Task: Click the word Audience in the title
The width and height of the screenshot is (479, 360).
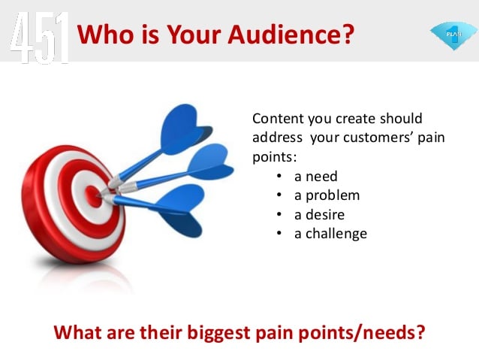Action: (291, 34)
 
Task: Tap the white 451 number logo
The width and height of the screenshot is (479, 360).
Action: (40, 38)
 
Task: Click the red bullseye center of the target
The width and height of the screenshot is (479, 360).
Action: (93, 196)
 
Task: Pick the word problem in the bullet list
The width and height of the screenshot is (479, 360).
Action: (333, 195)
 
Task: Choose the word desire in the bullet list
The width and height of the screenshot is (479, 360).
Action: (325, 215)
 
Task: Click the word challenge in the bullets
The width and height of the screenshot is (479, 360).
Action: (336, 234)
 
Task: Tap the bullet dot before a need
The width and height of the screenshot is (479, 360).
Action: (279, 177)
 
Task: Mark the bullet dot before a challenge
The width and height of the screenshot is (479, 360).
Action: (279, 234)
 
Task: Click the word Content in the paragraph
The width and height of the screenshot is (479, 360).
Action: (279, 118)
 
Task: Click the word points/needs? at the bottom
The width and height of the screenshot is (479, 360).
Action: (362, 332)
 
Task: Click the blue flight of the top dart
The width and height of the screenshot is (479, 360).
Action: (185, 129)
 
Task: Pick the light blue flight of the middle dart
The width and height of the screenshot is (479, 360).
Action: (210, 162)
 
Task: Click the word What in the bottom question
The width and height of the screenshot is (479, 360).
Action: (77, 332)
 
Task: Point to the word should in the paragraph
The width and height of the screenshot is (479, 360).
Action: (401, 118)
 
